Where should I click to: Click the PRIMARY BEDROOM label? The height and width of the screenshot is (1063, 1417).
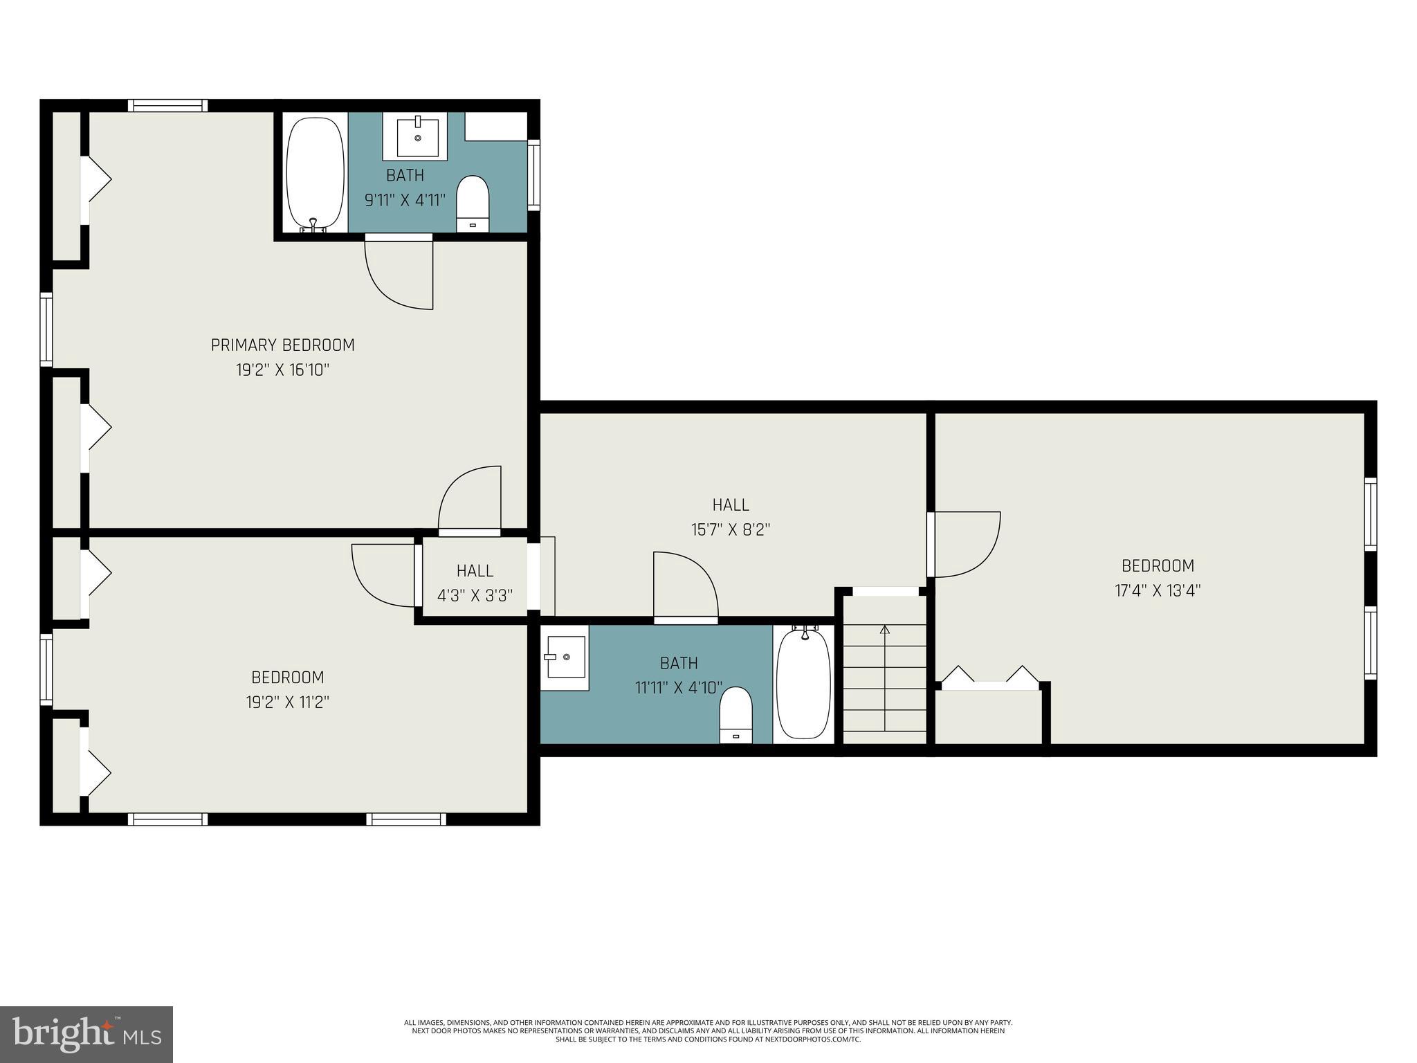tap(282, 345)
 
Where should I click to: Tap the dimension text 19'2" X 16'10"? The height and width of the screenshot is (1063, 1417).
tap(282, 370)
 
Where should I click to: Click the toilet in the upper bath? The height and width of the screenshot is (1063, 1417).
tap(473, 203)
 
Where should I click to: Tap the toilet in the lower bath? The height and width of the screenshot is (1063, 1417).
tap(735, 714)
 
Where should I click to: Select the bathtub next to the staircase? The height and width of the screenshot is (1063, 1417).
tap(803, 684)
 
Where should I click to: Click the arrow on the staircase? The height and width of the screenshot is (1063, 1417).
tap(884, 630)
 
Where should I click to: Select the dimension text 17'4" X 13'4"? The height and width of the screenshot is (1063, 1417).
tap(1158, 591)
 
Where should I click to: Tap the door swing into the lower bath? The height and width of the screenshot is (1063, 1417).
tap(684, 585)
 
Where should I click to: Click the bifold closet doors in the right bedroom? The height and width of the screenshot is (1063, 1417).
tap(990, 678)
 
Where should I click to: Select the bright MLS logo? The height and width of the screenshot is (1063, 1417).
tap(86, 1034)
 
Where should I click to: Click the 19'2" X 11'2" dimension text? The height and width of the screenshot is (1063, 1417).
tap(287, 702)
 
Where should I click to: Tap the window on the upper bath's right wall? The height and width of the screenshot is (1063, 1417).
tap(533, 174)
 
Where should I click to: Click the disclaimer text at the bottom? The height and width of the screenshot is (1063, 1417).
tap(708, 1030)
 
